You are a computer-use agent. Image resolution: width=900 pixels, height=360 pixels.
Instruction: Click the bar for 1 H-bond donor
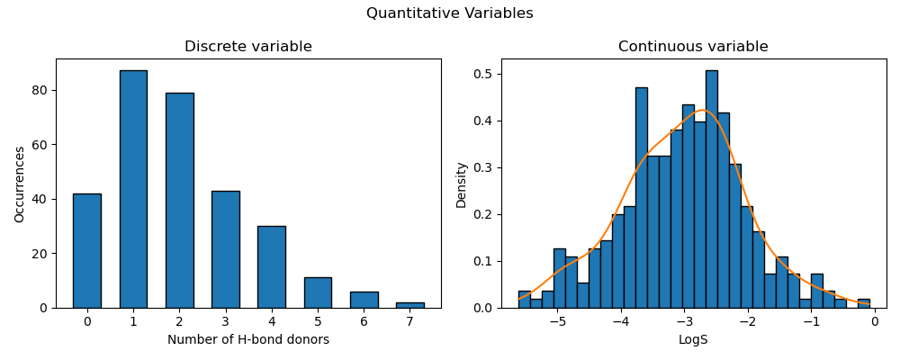(133, 189)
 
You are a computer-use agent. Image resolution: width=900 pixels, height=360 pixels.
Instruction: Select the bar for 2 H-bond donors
(179, 200)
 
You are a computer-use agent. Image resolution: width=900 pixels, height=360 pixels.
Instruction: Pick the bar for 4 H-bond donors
(271, 266)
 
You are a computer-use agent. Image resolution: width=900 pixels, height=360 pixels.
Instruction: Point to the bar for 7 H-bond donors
(409, 305)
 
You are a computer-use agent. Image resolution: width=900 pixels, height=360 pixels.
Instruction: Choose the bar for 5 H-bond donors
(318, 292)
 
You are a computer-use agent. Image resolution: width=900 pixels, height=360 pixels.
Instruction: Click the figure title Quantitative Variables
(449, 13)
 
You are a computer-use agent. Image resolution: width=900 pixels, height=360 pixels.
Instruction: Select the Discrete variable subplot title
(248, 47)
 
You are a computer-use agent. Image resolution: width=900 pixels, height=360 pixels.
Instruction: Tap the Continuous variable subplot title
(693, 47)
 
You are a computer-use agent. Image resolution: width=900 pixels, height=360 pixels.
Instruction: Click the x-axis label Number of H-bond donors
(248, 340)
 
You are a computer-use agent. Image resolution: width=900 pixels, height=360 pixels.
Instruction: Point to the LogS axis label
(693, 340)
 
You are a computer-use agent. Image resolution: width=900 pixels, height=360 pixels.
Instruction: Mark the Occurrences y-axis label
(20, 184)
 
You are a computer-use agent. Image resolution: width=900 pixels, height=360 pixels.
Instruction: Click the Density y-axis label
(461, 184)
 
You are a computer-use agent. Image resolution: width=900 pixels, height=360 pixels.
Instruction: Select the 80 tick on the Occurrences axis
(41, 90)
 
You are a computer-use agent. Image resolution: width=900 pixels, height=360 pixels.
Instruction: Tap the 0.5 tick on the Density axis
(484, 74)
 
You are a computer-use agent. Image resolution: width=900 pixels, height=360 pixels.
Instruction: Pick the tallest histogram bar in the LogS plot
(711, 189)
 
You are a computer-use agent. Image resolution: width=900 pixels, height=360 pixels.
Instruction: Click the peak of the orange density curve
(703, 110)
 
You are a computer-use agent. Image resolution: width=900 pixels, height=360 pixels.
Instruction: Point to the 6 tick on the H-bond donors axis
(364, 321)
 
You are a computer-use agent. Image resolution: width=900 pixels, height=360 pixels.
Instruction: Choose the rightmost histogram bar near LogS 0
(863, 303)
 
